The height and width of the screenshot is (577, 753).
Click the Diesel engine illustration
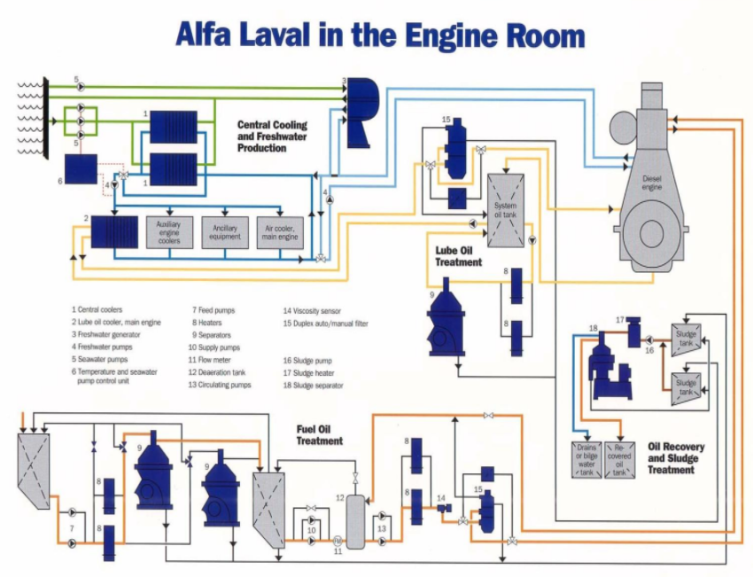tap(650, 178)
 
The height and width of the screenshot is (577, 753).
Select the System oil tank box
tap(506, 210)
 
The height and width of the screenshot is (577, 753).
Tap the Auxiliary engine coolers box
tap(169, 232)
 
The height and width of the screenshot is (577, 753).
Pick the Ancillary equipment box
tap(225, 232)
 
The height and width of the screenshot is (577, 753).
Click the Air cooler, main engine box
tap(280, 232)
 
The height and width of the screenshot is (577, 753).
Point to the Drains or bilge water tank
tap(586, 460)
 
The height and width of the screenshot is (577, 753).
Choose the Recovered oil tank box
tap(619, 460)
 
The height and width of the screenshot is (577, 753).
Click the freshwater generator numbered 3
tap(362, 113)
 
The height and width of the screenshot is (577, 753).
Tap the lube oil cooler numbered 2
tap(114, 232)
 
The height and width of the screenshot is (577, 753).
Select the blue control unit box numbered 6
tap(81, 169)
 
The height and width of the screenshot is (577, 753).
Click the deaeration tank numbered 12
tap(355, 522)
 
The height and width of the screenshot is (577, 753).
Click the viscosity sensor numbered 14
tap(444, 508)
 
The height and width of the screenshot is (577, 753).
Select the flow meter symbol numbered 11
tap(338, 541)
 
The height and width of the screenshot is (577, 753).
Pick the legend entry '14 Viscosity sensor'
tap(312, 311)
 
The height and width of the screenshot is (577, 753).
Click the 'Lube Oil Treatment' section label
tap(458, 256)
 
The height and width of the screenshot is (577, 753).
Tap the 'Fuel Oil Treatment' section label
tap(319, 435)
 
